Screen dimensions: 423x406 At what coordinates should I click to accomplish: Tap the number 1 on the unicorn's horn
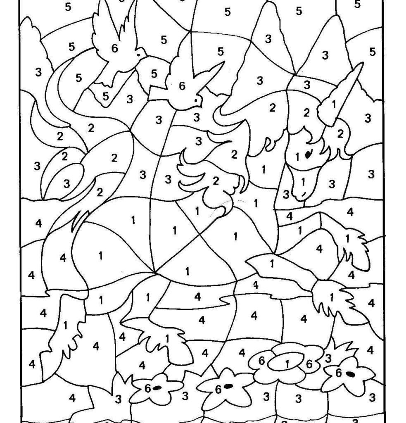(334, 104)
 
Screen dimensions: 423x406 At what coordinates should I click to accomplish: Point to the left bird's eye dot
(139, 54)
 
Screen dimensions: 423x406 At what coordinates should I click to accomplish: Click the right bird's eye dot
(197, 100)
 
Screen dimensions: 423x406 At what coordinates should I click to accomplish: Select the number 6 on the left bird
(114, 48)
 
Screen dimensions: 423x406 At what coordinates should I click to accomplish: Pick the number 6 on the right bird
(182, 86)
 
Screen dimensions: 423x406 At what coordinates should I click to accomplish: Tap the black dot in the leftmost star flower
(157, 388)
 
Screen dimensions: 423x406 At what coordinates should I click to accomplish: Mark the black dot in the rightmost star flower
(350, 374)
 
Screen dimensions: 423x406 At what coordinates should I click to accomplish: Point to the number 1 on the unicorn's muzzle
(303, 181)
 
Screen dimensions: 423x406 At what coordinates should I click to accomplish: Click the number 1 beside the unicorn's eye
(298, 157)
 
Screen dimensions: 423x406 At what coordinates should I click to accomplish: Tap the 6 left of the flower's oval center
(261, 361)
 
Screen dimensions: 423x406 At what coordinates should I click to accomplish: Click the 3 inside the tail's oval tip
(67, 183)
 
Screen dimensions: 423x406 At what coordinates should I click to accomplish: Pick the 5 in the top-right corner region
(358, 5)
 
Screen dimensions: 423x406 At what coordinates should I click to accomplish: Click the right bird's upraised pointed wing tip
(223, 64)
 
